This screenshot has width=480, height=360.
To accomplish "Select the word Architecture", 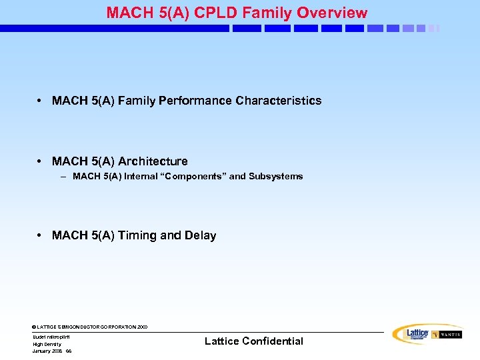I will pyautogui.click(x=153, y=161).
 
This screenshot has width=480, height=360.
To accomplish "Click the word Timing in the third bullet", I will pyautogui.click(x=137, y=235).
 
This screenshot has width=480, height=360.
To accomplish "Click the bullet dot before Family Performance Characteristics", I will pyautogui.click(x=41, y=101).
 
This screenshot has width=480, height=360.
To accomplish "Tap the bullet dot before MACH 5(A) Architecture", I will pyautogui.click(x=41, y=161).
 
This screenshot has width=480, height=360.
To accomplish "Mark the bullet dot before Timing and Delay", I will pyautogui.click(x=41, y=235).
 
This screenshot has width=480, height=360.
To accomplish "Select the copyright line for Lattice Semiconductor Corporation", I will pyautogui.click(x=89, y=327).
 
